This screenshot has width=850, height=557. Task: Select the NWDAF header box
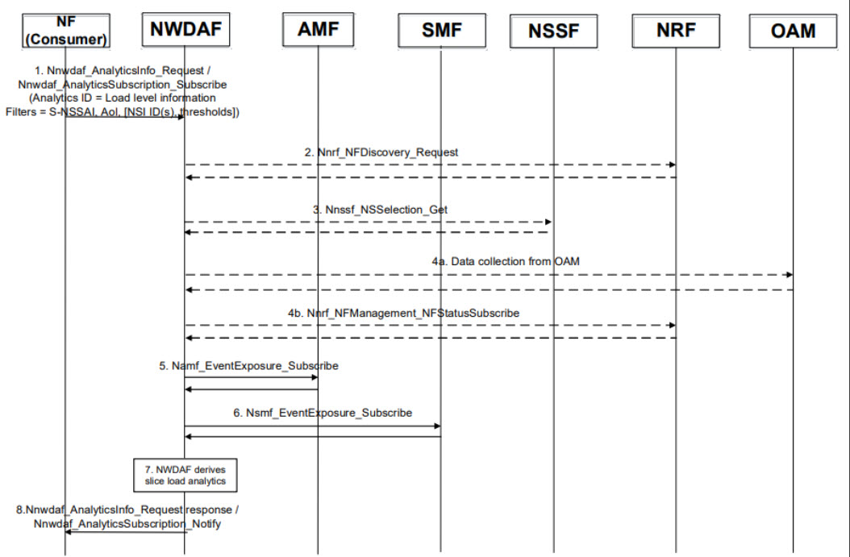(185, 31)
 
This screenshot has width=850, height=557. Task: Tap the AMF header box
(319, 31)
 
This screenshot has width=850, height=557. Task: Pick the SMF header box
(442, 31)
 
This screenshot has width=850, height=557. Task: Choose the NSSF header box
(554, 31)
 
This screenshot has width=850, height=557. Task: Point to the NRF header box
(675, 31)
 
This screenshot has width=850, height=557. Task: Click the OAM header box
(793, 31)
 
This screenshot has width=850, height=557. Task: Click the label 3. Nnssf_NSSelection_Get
(381, 209)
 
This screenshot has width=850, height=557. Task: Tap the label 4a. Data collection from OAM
(506, 261)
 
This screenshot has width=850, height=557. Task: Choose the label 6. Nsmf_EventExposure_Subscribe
(323, 413)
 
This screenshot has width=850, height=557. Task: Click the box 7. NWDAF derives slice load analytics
(185, 475)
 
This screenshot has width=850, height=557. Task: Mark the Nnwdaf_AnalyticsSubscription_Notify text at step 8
(127, 522)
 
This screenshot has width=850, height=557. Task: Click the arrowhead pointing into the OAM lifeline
(788, 276)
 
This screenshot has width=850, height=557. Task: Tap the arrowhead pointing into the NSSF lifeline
(548, 221)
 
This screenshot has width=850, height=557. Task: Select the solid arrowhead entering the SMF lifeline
(436, 426)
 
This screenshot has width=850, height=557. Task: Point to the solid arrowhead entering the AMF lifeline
(314, 377)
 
